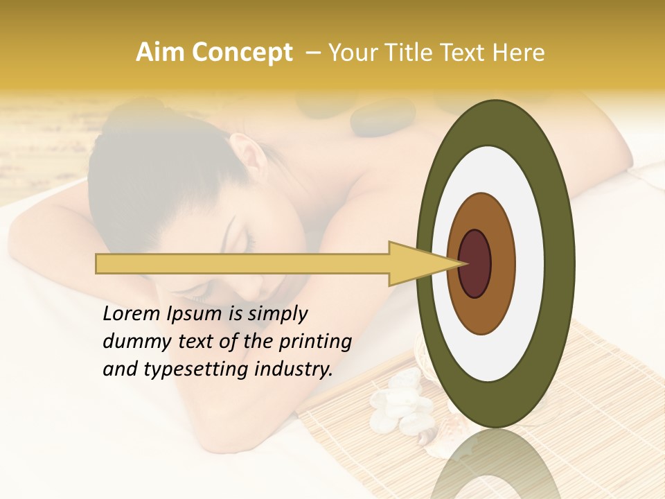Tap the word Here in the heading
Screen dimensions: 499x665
click(x=518, y=53)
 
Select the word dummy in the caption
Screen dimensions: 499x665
click(x=134, y=342)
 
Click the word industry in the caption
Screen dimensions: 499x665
click(x=294, y=369)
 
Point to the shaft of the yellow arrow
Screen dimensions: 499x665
click(x=242, y=264)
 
